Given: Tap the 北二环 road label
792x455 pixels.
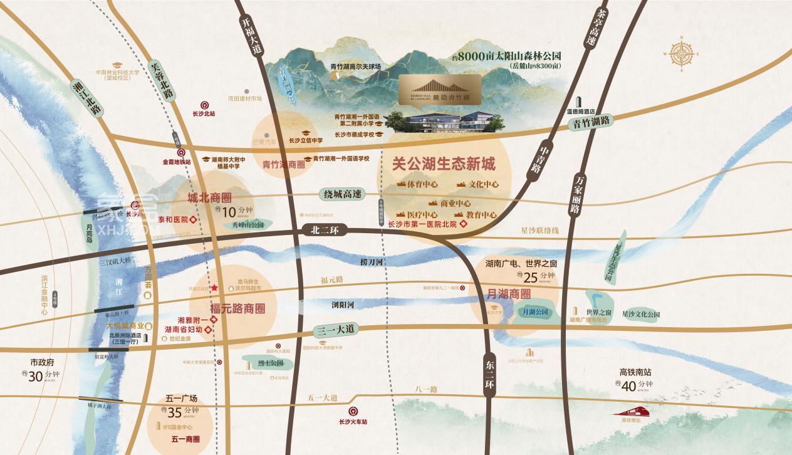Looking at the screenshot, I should pos(324,230).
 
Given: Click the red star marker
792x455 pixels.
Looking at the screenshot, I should pos(214,288).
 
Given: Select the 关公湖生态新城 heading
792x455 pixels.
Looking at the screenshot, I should pos(443,165).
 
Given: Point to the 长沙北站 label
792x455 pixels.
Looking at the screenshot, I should pos(204,114).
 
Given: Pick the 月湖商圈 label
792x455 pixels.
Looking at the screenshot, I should pos(508,293).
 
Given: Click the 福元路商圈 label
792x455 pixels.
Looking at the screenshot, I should pos(237,308).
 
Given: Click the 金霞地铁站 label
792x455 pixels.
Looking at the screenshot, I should pos(179,161).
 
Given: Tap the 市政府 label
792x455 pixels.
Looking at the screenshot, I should pos(43,362).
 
